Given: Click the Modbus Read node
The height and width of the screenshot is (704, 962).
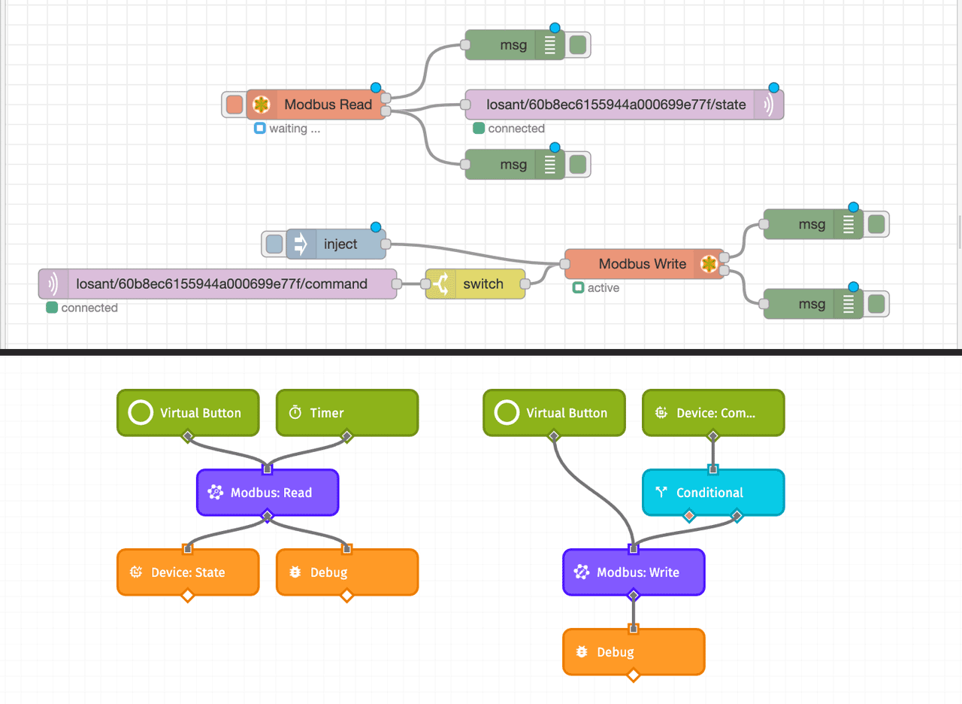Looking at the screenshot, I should coord(327,105).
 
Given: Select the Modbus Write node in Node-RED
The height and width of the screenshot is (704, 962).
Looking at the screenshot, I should coord(642,264).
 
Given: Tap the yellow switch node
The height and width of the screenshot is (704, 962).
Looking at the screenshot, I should coord(482,284).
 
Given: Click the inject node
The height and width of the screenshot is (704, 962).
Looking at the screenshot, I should coord(340,244).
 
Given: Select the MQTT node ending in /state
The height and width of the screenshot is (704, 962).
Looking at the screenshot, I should coord(616,105).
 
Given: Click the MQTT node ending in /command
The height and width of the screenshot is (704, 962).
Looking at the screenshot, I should coord(221,284).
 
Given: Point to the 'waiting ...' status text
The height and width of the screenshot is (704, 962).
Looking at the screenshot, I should coord(294,129).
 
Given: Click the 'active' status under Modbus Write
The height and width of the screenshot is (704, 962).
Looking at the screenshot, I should coord(603,288).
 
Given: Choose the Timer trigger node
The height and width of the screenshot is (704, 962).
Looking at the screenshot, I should coord(346,412).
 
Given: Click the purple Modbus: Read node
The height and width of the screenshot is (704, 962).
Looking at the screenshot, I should coord(268,493).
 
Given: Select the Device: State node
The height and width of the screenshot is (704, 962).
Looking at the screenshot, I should coord(188,572).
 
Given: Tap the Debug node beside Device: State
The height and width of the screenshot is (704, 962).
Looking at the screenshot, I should coord(346,572).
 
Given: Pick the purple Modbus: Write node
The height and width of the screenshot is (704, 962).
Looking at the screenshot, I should coord(633,572).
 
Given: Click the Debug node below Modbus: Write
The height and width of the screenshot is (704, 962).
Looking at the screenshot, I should coord(633,652).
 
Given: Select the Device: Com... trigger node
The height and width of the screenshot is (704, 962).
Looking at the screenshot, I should coord(712,412).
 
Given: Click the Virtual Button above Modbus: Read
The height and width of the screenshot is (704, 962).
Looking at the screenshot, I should coord(188,412).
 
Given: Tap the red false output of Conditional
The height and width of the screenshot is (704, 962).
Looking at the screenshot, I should coord(689,516).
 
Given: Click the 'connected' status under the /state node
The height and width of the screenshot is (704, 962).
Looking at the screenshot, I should coord(516,129).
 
